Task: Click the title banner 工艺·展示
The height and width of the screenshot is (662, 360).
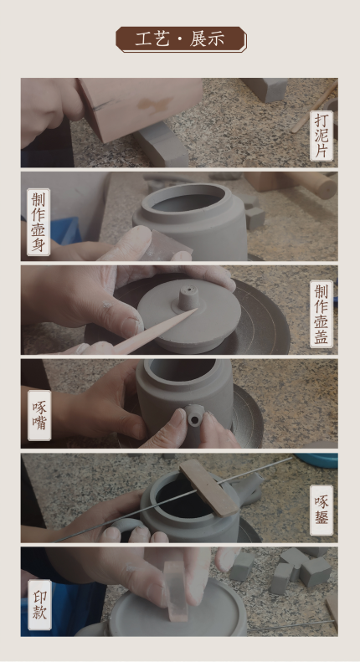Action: pyautogui.click(x=182, y=39)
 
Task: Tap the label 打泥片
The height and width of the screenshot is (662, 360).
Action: pyautogui.click(x=321, y=136)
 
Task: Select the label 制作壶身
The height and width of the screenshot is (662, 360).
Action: pyautogui.click(x=39, y=222)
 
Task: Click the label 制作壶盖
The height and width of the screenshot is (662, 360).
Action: pyautogui.click(x=321, y=314)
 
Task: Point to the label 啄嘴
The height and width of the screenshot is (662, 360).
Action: pyautogui.click(x=39, y=415)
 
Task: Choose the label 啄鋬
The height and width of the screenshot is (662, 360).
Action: pyautogui.click(x=321, y=511)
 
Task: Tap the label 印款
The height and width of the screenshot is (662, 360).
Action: pyautogui.click(x=39, y=605)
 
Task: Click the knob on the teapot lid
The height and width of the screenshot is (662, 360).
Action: pyautogui.click(x=188, y=298)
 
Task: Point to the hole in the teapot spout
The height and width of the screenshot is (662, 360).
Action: pyautogui.click(x=195, y=419)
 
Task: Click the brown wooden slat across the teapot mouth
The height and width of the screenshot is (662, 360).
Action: pyautogui.click(x=208, y=488)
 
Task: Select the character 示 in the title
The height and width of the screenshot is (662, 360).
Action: pyautogui.click(x=216, y=39)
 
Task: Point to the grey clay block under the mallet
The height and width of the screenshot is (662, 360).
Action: pyautogui.click(x=162, y=146)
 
